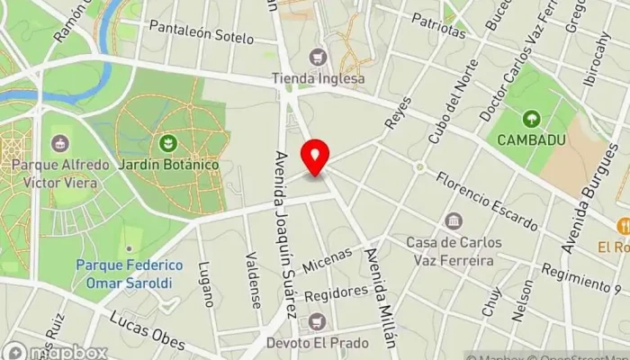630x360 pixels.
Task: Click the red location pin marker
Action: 315,157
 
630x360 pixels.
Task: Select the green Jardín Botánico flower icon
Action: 166,143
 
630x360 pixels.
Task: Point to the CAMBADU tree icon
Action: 531,118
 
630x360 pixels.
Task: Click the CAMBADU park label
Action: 531,140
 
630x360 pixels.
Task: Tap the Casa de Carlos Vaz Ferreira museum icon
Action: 454,221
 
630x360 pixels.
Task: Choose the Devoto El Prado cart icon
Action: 316,321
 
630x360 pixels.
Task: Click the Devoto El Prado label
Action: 316,343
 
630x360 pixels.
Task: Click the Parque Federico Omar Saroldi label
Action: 129,273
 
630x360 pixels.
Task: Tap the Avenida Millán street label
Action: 381,297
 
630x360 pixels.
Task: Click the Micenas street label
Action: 328,261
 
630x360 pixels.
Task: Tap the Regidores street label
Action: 336,293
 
